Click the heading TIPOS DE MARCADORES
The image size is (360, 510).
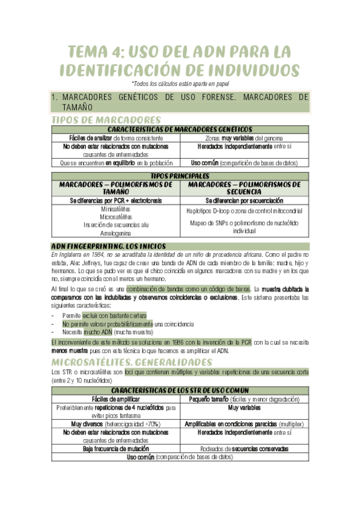click(106, 120)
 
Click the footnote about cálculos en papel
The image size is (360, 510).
click(180, 84)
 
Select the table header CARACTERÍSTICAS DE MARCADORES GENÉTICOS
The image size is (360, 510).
click(180, 129)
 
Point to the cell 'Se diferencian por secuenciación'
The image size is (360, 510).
click(244, 200)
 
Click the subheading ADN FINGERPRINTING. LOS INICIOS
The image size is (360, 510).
click(108, 246)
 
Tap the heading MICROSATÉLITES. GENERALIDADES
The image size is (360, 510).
click(132, 362)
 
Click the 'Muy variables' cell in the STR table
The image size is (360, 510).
click(244, 407)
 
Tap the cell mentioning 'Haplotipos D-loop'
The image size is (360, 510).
click(244, 211)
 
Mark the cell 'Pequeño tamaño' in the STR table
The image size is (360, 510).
click(244, 399)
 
